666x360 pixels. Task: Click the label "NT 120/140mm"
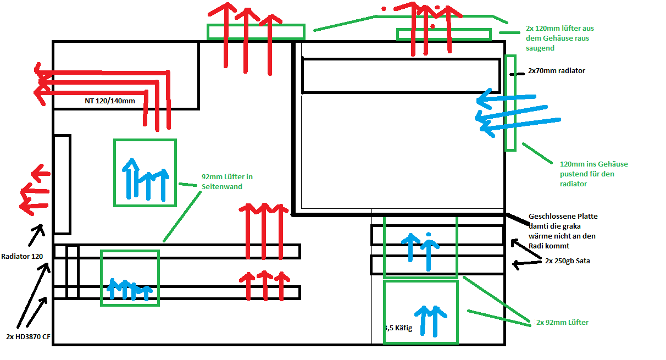point(110,101)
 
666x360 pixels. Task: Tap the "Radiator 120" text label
point(21,256)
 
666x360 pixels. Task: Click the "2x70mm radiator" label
point(556,71)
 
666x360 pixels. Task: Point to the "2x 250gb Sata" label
point(568,261)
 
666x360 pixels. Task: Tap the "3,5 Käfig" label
point(404,328)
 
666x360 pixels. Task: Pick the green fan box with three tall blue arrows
point(145,173)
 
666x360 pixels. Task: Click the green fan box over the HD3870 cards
point(130,278)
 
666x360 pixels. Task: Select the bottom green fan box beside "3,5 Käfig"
point(420,312)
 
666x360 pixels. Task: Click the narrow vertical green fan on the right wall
point(510,103)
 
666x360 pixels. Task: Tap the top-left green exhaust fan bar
point(256,32)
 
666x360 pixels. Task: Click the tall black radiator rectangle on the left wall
point(62,184)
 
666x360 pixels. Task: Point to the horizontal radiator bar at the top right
point(402,75)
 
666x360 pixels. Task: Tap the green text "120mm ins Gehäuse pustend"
point(593,169)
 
